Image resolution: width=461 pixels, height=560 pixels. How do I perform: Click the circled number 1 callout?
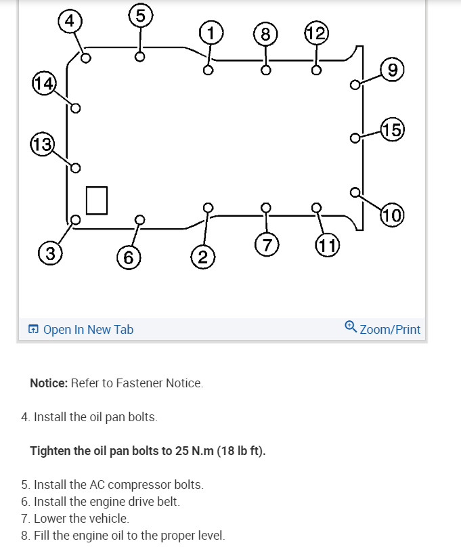point(211,33)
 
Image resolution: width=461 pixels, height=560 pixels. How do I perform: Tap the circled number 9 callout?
point(393,70)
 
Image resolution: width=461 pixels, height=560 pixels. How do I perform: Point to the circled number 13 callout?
point(42,144)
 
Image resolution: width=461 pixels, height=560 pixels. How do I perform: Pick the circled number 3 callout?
point(48,254)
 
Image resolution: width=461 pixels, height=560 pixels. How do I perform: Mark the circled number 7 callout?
point(267,244)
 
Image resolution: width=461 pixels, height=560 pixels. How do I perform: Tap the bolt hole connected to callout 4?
point(86,58)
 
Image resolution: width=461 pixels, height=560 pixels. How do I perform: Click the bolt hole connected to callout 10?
point(355,192)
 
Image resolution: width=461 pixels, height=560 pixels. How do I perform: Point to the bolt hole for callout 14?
point(76,108)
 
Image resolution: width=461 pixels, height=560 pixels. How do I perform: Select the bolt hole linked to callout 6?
point(139,219)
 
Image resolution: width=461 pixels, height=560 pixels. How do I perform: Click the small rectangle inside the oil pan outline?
point(97,200)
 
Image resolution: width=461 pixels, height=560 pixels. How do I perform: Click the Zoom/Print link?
point(390,330)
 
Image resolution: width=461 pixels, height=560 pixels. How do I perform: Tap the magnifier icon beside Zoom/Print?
point(350,327)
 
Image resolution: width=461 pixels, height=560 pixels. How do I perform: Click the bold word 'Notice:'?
point(48,383)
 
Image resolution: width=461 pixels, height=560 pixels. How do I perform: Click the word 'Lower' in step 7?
point(49,519)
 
